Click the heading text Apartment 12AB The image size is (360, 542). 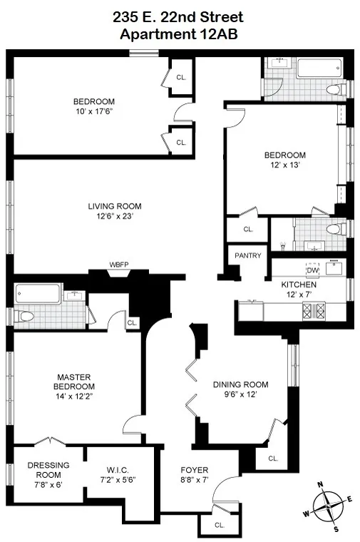[x=180, y=33]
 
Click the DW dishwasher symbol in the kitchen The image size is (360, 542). [x=312, y=270]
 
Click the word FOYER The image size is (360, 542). [x=194, y=470]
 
